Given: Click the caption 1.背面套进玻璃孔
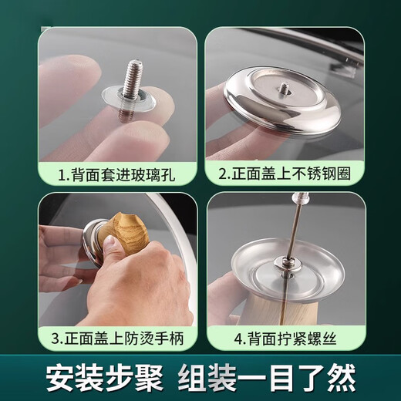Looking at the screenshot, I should point(116,175).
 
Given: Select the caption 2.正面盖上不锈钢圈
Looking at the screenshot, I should point(285,175).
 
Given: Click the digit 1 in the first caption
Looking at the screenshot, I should point(63,175).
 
